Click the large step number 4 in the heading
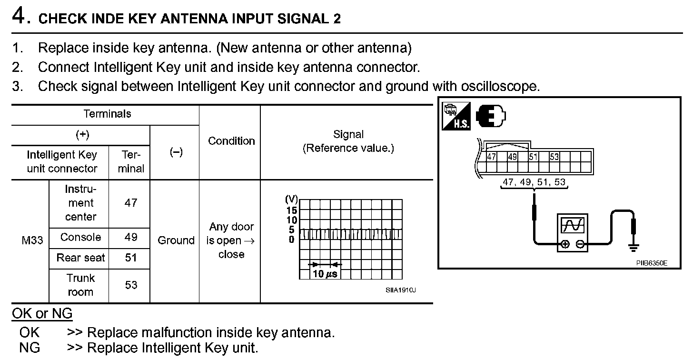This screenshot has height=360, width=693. coord(19,16)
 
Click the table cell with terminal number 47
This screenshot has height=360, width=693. coord(130,203)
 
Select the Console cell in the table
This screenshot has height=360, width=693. coord(80,237)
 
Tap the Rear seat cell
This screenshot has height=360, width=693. coord(80,258)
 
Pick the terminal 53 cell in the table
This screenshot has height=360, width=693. coord(131,285)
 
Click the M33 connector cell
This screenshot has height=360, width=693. coord(32,240)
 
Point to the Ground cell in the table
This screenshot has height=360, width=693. coord(176,240)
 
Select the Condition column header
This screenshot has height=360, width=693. coord(231,141)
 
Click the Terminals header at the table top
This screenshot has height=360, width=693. coord(107,114)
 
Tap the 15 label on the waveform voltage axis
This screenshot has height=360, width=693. coord(291,210)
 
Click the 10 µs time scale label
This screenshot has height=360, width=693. coord(325,274)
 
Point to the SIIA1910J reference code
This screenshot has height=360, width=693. coord(401,290)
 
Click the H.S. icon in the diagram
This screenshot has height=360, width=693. coord(456,116)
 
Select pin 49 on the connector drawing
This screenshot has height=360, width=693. coord(512,157)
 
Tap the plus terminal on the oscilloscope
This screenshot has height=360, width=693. coord(565,244)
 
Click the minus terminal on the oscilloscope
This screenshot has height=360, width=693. coord(580,244)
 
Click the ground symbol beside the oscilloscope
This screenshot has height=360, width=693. coord(634,248)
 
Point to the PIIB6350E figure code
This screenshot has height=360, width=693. coord(652,263)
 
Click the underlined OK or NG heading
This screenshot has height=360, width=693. coord(42,313)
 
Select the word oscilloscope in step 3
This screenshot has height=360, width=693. coord(500,86)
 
